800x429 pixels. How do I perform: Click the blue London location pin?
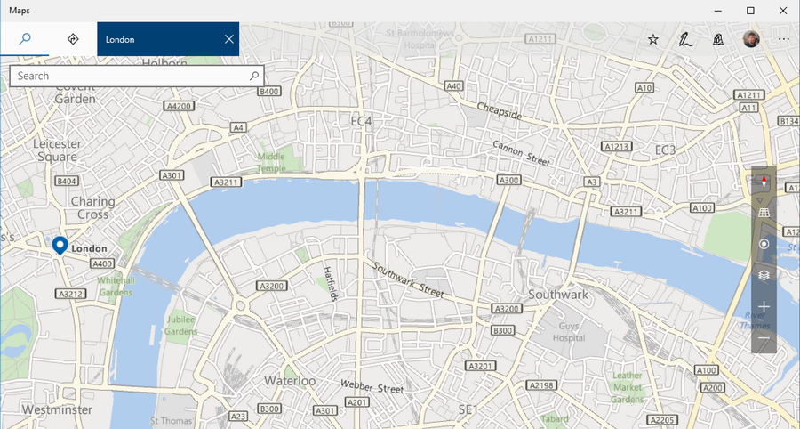[60, 245]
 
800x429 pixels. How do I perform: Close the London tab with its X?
[229, 39]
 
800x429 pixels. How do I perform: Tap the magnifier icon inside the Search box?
[253, 77]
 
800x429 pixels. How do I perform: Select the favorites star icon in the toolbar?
[653, 39]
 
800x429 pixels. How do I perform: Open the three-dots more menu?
[783, 39]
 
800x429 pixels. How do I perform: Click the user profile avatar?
[751, 39]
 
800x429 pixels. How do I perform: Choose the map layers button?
[764, 275]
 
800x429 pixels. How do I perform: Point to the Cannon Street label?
[522, 153]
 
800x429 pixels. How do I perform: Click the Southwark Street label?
[408, 279]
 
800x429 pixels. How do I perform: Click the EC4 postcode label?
[361, 120]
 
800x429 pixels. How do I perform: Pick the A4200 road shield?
[180, 106]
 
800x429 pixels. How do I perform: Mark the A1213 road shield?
[616, 146]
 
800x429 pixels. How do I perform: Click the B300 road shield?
[503, 331]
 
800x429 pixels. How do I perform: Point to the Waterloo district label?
[290, 380]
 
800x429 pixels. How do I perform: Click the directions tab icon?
[73, 39]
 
